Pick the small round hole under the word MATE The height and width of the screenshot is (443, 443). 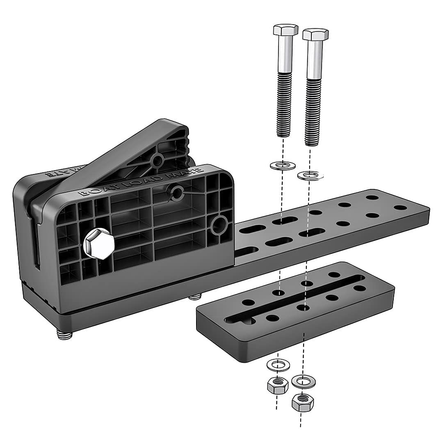point(178,192)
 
